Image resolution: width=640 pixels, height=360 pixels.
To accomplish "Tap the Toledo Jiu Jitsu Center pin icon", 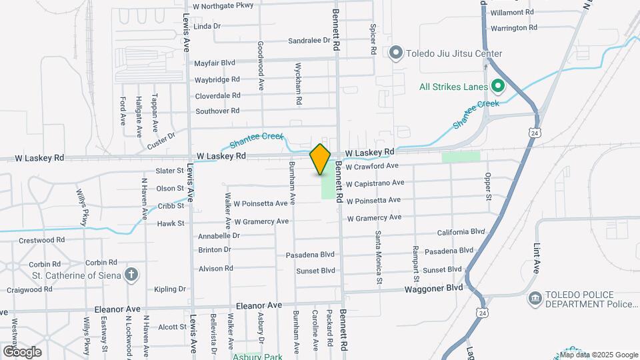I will [396, 53].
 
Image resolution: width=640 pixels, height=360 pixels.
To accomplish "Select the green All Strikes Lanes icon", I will [497, 85].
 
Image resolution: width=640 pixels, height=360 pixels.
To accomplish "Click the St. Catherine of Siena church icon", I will [132, 274].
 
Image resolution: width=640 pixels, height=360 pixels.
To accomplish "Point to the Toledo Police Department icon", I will [535, 298].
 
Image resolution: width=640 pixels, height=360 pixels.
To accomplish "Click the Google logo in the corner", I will [22, 351].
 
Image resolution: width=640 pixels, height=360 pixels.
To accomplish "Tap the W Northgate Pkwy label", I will [223, 6].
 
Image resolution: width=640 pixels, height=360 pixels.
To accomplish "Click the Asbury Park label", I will [257, 357].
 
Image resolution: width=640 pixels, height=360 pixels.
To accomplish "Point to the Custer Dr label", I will [161, 140].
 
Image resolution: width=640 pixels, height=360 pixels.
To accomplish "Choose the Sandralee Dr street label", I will [309, 41].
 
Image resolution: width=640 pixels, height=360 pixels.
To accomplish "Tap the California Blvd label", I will [461, 232].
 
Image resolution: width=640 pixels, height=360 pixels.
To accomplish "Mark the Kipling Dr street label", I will [170, 289].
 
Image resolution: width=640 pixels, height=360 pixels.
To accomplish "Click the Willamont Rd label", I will [512, 13].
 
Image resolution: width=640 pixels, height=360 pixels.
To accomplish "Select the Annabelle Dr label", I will [219, 236].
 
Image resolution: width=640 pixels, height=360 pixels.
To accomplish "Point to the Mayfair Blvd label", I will [215, 63].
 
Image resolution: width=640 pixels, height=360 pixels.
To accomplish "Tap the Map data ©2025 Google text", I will [598, 355].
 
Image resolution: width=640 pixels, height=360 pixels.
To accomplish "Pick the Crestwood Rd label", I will [41, 240].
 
